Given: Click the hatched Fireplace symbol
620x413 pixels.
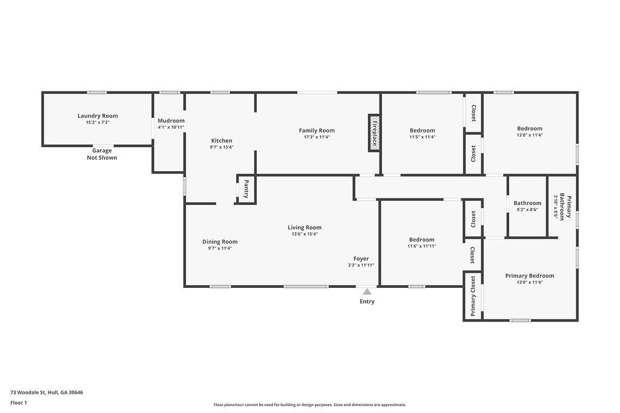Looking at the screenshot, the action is pos(374,132).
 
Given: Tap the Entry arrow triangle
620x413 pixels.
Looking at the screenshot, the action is pos(367,292).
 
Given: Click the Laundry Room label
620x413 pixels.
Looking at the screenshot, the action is pos(97,115).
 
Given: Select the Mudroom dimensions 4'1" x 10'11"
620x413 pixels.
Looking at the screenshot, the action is pos(171,127).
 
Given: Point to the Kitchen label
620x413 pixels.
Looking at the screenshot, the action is pos(222,140).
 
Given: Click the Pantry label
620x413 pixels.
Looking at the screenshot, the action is pos(246,189).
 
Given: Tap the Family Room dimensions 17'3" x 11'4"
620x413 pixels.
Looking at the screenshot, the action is pos(317,137).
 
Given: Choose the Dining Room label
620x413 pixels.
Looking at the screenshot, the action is pos(220,242).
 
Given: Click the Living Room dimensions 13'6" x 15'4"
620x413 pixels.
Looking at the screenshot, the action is pos(305,234).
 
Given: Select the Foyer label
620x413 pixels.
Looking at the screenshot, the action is pos(361,259).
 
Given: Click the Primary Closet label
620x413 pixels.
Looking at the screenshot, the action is pos(473,296).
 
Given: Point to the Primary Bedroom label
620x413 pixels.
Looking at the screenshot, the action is pos(530,276).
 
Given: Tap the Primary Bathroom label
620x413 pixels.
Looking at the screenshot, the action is pos(565,207).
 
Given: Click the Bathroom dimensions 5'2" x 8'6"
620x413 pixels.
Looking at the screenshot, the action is pos(527,210).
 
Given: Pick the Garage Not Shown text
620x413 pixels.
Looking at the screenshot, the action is pos(102,154).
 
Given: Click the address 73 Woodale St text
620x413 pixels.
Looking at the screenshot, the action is pos(28,392).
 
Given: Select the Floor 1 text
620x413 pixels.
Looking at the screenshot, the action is pos(19,403).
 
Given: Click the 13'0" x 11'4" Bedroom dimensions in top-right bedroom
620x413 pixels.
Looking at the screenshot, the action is pos(529,135).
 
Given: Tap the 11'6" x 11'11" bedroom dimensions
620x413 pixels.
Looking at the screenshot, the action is pos(422,246).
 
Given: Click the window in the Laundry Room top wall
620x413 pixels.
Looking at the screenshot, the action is pos(97,93).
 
